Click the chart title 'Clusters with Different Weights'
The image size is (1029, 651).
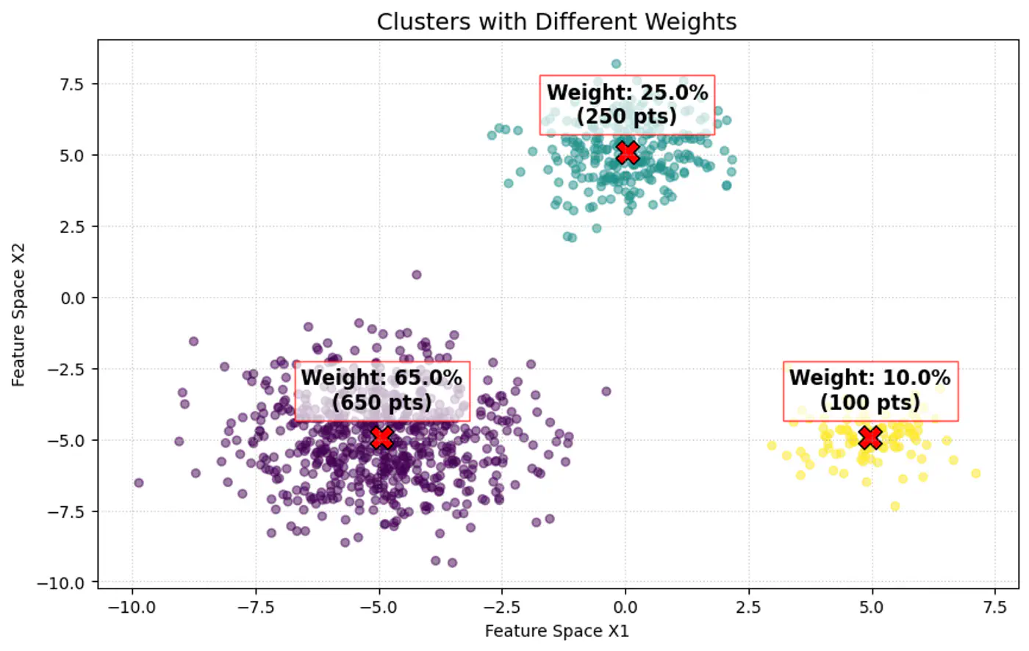(x=556, y=21)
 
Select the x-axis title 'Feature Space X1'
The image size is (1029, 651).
(x=556, y=631)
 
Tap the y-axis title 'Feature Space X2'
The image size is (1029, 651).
(x=18, y=315)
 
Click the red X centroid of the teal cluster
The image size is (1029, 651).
(x=627, y=153)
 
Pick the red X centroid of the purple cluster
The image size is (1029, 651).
(x=381, y=438)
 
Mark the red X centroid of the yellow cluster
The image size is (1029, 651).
(x=870, y=438)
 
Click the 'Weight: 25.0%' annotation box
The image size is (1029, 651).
(x=627, y=104)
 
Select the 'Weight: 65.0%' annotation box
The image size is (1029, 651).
(x=381, y=390)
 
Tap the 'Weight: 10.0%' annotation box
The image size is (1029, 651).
(x=870, y=390)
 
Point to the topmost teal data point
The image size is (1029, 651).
(x=616, y=64)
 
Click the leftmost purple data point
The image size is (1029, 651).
(x=138, y=483)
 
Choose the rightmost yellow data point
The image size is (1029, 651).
(x=976, y=473)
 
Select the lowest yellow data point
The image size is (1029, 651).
(x=894, y=506)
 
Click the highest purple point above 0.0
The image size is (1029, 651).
(x=417, y=275)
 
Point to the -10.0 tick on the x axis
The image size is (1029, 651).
(x=132, y=608)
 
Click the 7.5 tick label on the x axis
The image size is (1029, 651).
(x=995, y=608)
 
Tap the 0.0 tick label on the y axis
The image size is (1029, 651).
(x=73, y=298)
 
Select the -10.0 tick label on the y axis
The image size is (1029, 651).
(x=66, y=583)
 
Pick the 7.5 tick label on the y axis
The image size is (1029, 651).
(x=73, y=84)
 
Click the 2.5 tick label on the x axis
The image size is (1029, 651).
(x=749, y=608)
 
